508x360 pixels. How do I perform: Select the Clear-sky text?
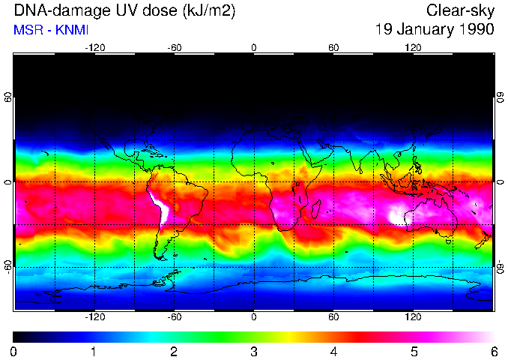click(460, 10)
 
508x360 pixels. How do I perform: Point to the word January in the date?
click(423, 30)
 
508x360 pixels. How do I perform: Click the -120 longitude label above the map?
click(94, 47)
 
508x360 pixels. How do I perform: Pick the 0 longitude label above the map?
click(254, 47)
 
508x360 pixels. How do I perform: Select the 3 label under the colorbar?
click(254, 351)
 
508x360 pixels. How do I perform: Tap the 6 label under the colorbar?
click(493, 351)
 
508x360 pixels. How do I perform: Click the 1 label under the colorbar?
click(94, 351)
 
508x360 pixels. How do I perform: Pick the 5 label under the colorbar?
click(414, 351)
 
